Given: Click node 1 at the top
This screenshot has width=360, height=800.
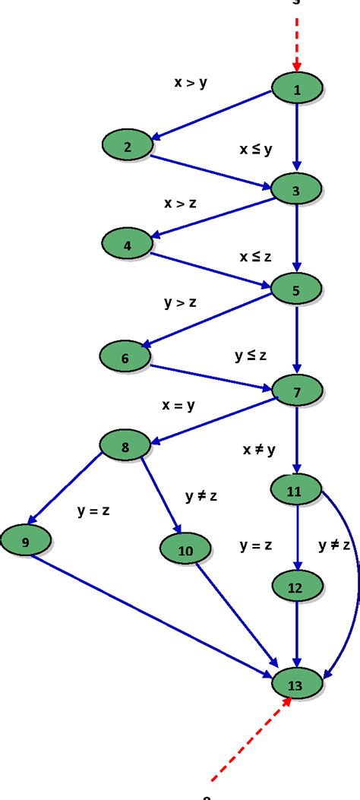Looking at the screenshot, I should (297, 90).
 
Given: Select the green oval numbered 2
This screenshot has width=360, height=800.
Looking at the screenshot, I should (128, 147).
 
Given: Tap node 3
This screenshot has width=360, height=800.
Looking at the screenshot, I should (296, 190).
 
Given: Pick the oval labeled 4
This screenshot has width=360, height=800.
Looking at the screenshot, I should (127, 245).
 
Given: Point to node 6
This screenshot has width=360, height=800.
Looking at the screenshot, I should (125, 358).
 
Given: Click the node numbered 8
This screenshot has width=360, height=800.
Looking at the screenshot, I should (125, 447).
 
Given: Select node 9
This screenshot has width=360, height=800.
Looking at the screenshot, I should (25, 542).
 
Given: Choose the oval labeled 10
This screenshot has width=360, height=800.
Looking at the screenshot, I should (185, 550).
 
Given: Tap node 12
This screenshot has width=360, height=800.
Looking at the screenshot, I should (295, 587).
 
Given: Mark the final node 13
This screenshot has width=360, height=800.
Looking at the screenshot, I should (295, 685).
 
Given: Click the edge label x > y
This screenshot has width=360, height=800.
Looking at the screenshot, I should (191, 83).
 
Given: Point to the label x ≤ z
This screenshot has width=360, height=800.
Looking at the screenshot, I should (255, 257).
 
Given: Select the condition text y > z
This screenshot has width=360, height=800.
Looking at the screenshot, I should (180, 302).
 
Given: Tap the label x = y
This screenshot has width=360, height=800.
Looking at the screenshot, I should (178, 405).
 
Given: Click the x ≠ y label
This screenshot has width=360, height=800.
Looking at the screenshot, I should (258, 449).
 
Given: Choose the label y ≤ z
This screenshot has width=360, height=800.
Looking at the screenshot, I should (251, 354).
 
